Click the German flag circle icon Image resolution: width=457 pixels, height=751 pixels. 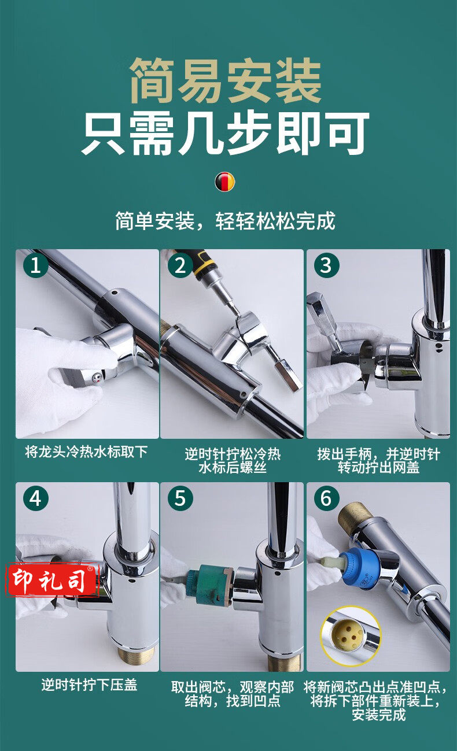click(225, 182)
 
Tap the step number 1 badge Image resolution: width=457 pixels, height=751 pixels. click(36, 265)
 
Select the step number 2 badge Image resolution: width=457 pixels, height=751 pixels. click(180, 265)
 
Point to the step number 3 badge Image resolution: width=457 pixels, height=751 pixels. click(326, 265)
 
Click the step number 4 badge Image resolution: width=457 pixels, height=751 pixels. click(36, 498)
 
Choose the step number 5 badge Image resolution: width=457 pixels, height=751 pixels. click(180, 498)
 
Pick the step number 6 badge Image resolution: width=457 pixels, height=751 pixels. click(326, 498)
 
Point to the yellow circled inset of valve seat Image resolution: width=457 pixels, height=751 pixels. click(351, 636)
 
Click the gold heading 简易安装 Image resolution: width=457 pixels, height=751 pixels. click(226, 80)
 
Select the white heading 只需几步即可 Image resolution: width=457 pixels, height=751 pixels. click(226, 134)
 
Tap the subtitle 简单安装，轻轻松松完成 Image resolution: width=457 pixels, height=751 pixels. click(226, 221)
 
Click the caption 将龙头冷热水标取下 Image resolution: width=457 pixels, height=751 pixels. click(86, 452)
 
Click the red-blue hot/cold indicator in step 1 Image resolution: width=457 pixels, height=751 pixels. click(98, 378)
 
